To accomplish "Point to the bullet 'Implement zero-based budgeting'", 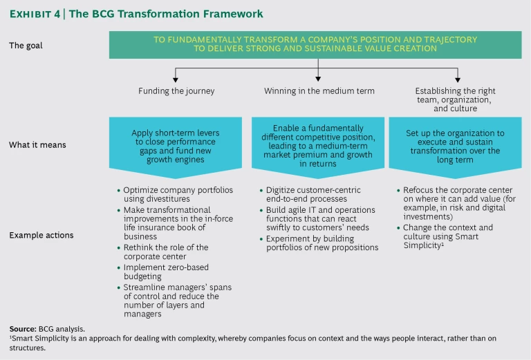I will [165, 272].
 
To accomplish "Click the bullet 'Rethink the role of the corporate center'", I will [165, 252].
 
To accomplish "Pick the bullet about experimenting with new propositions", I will [322, 243].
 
